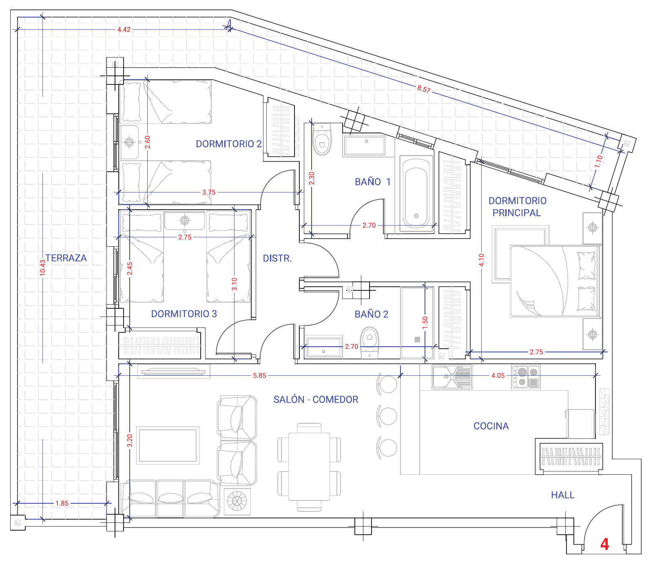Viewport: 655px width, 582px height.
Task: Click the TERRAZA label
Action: point(66,258)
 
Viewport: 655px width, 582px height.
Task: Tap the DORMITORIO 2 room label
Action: point(229,144)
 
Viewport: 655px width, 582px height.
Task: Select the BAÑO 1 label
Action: point(373,182)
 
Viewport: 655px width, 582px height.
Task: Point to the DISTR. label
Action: point(277,259)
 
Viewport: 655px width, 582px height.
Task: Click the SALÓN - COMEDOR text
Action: point(316,400)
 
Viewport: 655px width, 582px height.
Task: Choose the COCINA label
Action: point(491,426)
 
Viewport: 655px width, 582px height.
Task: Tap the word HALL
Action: point(563,495)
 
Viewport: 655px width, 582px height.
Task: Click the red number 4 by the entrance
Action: point(605,544)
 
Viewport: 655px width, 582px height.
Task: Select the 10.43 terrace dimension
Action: point(43,268)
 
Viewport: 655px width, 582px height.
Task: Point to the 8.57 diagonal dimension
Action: point(424,89)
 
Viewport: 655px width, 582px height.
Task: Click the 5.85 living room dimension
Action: point(259,376)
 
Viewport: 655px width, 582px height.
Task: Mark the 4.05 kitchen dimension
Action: point(498,376)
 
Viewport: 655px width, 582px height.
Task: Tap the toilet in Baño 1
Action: point(322,139)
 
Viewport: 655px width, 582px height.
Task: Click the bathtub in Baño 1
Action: point(416,193)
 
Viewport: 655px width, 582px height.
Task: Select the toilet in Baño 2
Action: point(370,342)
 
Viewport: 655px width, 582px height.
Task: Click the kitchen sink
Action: point(452,377)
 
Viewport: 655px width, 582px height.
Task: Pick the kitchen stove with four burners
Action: point(526,377)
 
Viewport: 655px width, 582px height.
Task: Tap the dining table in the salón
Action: point(309,467)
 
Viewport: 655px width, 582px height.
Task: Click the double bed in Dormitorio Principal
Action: point(555,281)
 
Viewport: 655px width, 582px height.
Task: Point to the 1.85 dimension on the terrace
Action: point(62,504)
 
